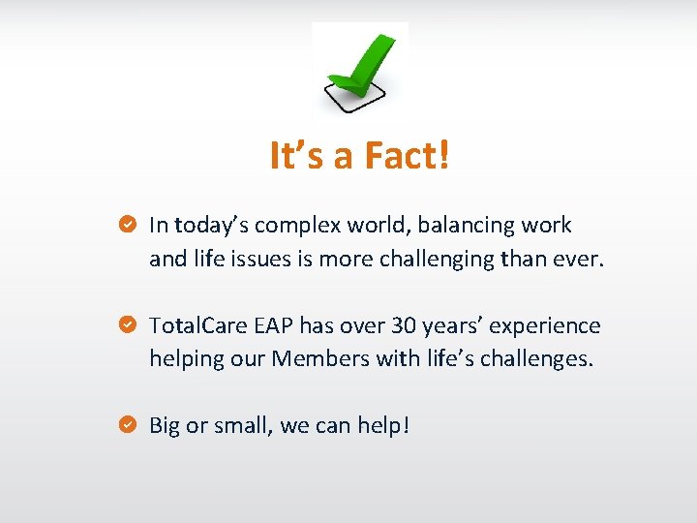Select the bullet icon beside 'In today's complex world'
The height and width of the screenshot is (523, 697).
[x=126, y=225]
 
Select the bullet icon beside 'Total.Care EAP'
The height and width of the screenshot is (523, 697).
[x=126, y=325]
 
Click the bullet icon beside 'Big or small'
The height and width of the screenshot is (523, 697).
[x=126, y=425]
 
